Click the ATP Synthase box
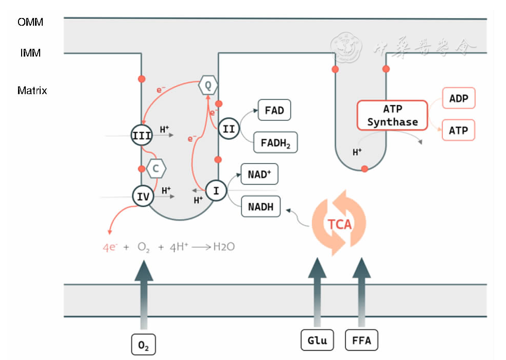click(x=392, y=115)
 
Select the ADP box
click(x=458, y=98)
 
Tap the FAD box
click(x=274, y=110)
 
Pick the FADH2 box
click(x=275, y=142)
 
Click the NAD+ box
click(x=259, y=174)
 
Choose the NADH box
click(x=261, y=207)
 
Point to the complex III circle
click(x=142, y=135)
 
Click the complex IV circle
click(x=142, y=196)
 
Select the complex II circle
click(x=229, y=129)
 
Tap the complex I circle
click(x=216, y=191)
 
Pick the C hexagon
click(x=156, y=168)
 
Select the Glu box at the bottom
click(x=317, y=340)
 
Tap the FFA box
click(x=361, y=340)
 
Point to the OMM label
click(x=30, y=22)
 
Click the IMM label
click(x=30, y=52)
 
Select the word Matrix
click(x=32, y=91)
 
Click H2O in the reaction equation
click(x=224, y=247)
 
